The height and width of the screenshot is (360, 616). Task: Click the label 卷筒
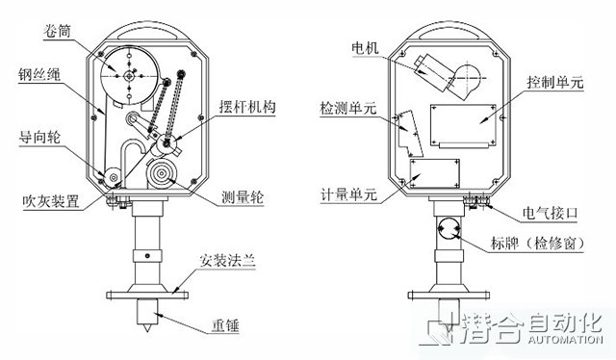click(x=58, y=31)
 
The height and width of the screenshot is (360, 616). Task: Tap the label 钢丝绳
click(x=38, y=74)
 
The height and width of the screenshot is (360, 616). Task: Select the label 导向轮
click(x=39, y=138)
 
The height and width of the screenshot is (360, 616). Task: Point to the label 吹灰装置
click(x=51, y=201)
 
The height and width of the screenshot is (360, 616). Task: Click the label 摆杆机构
click(x=247, y=107)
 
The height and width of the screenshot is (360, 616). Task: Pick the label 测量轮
click(x=243, y=197)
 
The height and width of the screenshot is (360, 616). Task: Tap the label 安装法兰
click(x=227, y=261)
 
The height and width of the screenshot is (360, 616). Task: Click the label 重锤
click(x=226, y=325)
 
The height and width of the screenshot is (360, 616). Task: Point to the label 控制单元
click(x=555, y=83)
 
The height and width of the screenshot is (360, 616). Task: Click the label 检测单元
click(x=348, y=108)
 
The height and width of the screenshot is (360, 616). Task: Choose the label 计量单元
click(x=349, y=194)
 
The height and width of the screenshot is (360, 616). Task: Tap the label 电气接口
click(x=550, y=213)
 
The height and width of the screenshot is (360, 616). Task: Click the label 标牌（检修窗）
click(x=538, y=243)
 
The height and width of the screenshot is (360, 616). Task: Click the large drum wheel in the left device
click(x=129, y=75)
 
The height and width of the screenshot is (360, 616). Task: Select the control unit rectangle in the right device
click(x=463, y=126)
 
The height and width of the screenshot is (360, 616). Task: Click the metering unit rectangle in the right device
click(x=434, y=173)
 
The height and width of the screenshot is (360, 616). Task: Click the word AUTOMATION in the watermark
click(x=565, y=339)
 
